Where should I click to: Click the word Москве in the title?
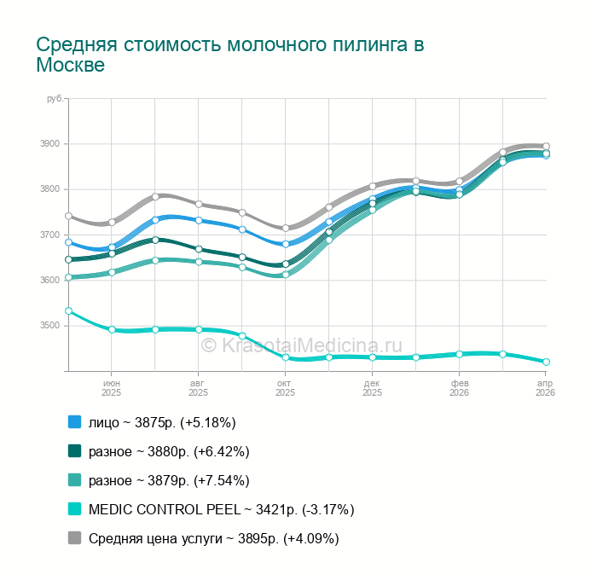(x=70, y=66)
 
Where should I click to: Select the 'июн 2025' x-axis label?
(x=112, y=388)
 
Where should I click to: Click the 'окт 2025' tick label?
(x=285, y=388)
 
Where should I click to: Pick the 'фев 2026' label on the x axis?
(x=459, y=388)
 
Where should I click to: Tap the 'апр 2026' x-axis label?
(x=545, y=388)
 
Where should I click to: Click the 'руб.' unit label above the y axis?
(x=55, y=100)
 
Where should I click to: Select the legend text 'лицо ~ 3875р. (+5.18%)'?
(x=162, y=422)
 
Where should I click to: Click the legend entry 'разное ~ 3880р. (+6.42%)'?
(x=169, y=451)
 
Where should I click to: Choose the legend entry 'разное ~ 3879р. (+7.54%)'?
(x=169, y=480)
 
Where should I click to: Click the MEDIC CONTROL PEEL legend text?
(x=221, y=509)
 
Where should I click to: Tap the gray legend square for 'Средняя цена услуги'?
(x=74, y=538)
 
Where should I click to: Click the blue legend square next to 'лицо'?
(x=74, y=422)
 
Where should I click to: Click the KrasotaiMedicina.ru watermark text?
(x=301, y=345)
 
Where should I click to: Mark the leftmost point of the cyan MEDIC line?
(x=68, y=311)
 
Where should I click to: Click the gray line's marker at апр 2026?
(x=546, y=146)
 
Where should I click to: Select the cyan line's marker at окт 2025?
(x=286, y=357)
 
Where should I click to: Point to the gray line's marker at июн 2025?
(x=112, y=222)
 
